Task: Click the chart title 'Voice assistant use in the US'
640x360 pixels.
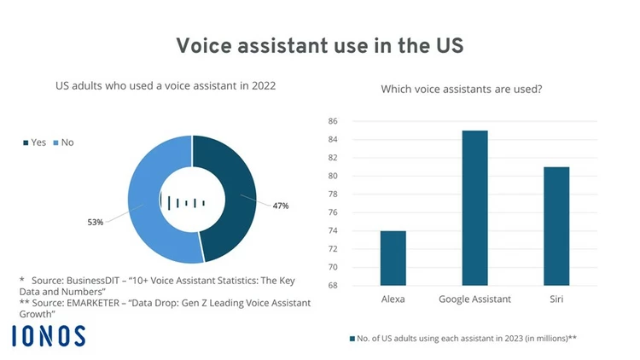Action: pos(319,45)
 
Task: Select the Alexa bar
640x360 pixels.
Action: pos(393,258)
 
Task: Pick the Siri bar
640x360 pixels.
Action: pos(556,226)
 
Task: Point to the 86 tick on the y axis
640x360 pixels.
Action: pos(333,121)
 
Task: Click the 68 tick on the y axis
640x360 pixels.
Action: pos(333,285)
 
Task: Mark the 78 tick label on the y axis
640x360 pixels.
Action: pos(333,194)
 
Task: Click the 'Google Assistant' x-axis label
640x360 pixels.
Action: pos(474,299)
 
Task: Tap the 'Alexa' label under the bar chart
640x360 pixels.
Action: pos(393,299)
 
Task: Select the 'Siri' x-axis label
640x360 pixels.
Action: pos(556,299)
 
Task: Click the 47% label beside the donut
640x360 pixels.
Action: pos(280,206)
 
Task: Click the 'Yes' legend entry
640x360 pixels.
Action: pos(33,142)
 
